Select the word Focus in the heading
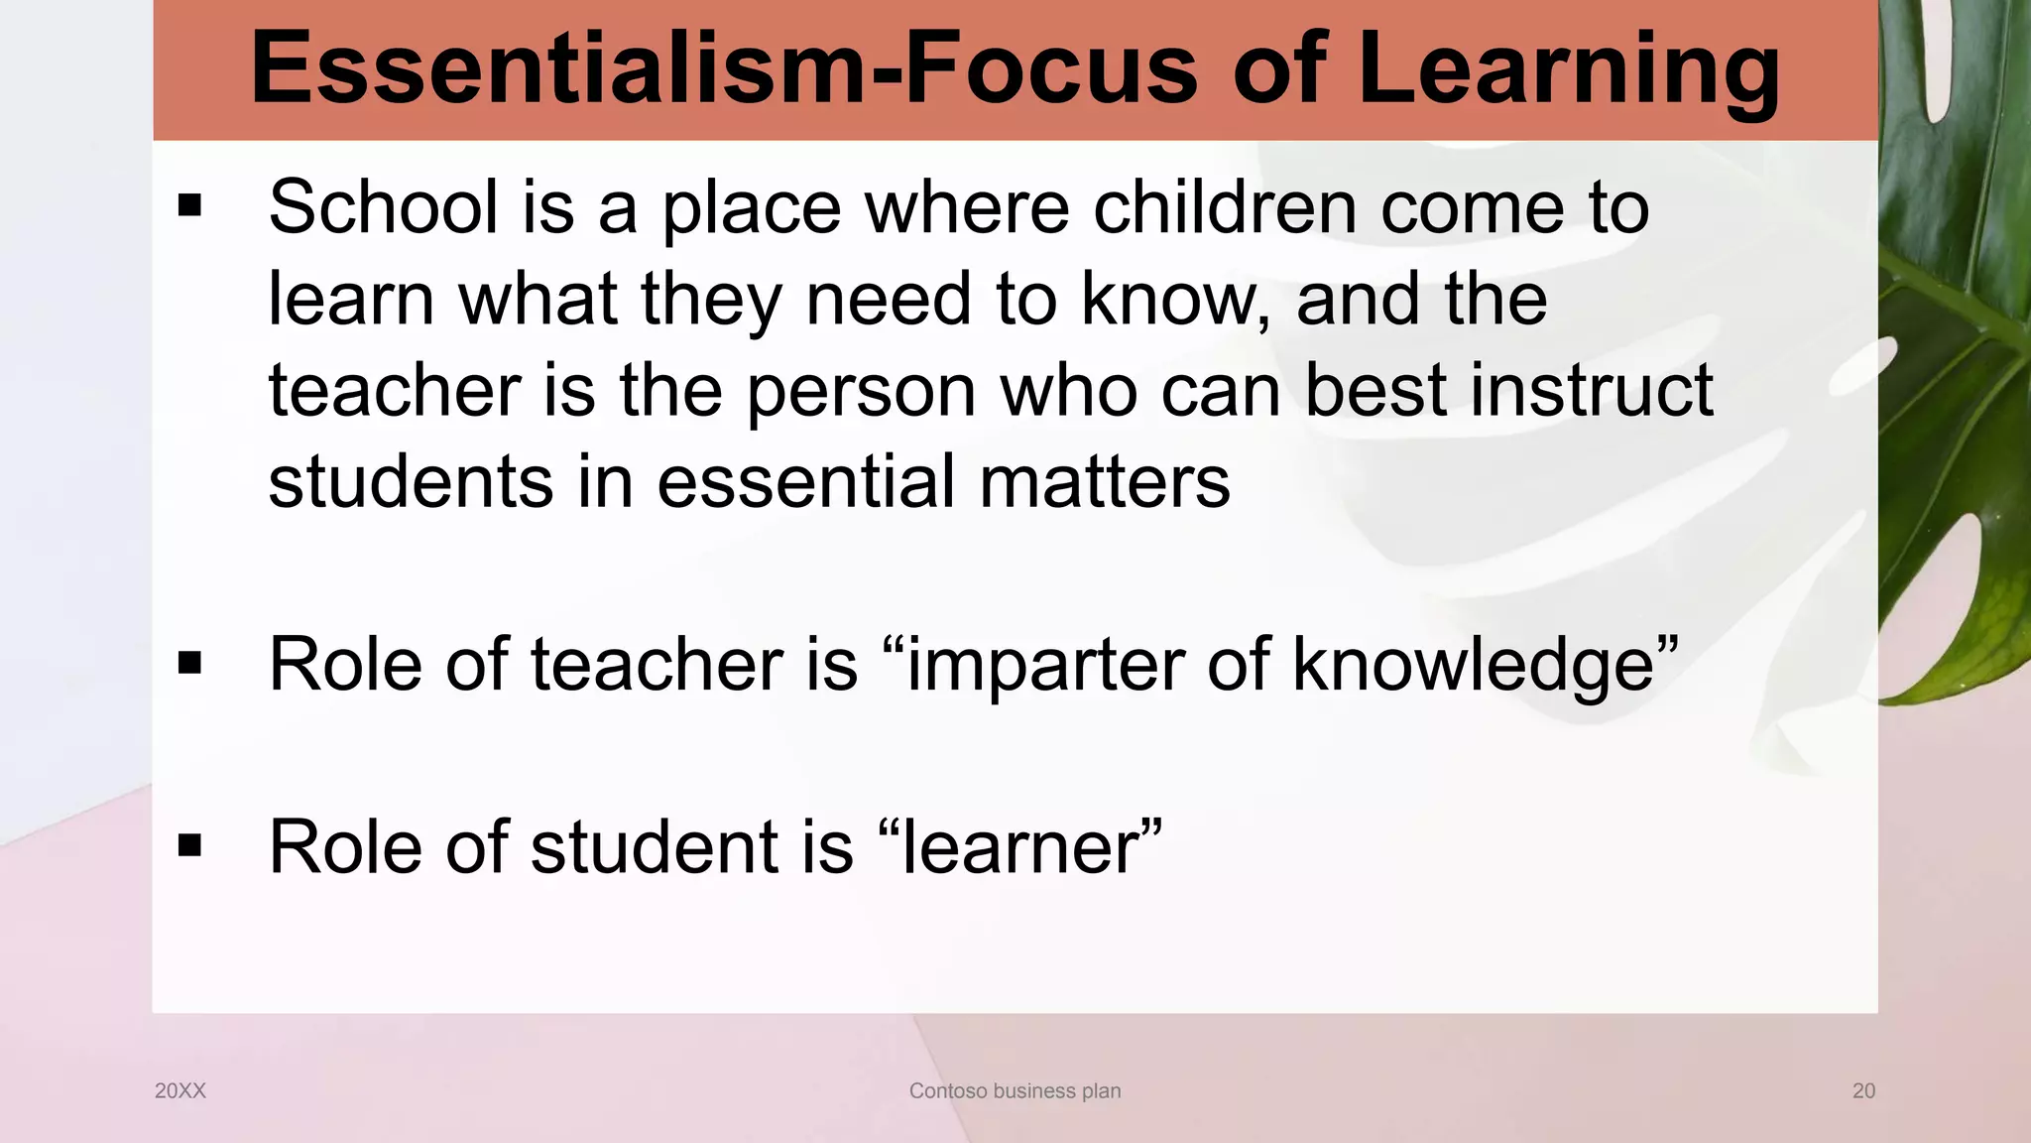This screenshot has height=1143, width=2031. pyautogui.click(x=1052, y=69)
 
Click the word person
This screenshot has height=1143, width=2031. pyautogui.click(x=862, y=390)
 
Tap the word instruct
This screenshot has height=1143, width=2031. pyautogui.click(x=1592, y=390)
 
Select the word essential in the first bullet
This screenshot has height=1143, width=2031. pyautogui.click(x=806, y=481)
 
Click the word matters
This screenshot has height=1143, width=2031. pyautogui.click(x=1105, y=481)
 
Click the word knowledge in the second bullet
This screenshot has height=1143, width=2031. pyautogui.click(x=1474, y=664)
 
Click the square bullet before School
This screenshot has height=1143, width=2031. pyautogui.click(x=189, y=207)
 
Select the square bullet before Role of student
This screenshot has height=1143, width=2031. pyautogui.click(x=189, y=846)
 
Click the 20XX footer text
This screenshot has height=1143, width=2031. pyautogui.click(x=180, y=1091)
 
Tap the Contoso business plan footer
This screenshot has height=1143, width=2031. pyautogui.click(x=1015, y=1091)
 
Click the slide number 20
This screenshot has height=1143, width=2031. pyautogui.click(x=1863, y=1091)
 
